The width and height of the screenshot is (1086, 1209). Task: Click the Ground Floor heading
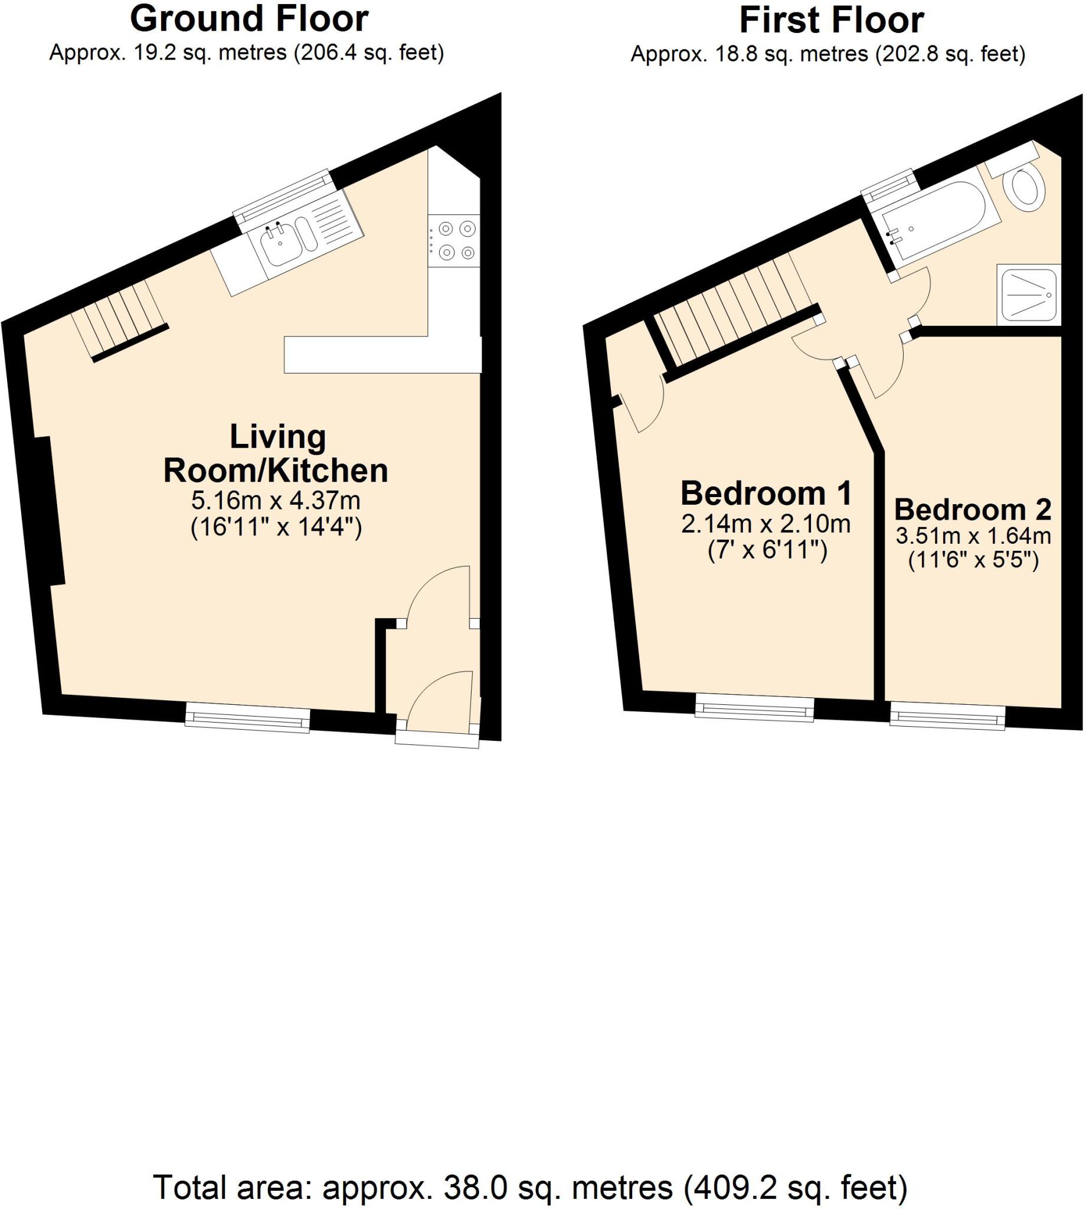[x=249, y=19]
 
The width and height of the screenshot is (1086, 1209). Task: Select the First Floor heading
[x=831, y=20]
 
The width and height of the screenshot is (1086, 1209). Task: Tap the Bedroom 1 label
[x=766, y=494]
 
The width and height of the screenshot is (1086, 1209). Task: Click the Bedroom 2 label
[x=973, y=509]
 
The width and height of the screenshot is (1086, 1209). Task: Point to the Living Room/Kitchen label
[x=276, y=453]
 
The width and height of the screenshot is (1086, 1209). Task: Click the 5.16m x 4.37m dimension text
[x=276, y=500]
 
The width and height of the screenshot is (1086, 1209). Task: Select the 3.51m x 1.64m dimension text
[x=973, y=536]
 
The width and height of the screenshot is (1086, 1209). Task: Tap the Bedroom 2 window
[x=947, y=717]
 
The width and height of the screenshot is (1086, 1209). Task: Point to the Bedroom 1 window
[x=755, y=708]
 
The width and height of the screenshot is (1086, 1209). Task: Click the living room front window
[x=248, y=717]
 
